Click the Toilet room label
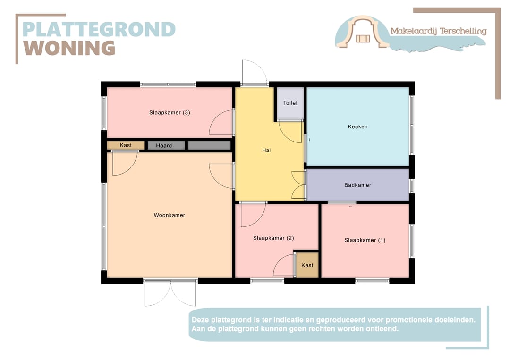(290, 103)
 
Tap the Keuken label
(357, 126)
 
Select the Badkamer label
(357, 185)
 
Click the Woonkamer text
(170, 215)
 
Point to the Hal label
(266, 150)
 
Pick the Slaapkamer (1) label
(365, 240)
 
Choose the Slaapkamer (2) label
(273, 238)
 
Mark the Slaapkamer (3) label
(170, 112)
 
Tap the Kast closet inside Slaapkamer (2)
(307, 266)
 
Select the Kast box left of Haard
(126, 145)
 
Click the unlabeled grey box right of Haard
(209, 145)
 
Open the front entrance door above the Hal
(254, 74)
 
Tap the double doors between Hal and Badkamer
(298, 185)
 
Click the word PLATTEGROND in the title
(99, 29)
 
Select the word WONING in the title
(69, 48)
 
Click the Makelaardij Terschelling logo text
(438, 31)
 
